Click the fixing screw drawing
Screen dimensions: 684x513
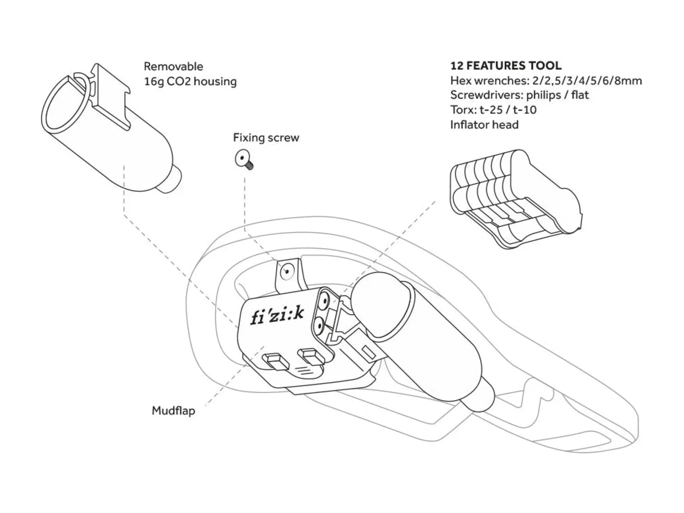click(x=244, y=159)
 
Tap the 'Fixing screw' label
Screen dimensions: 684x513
click(x=266, y=137)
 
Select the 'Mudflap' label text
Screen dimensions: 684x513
click(x=174, y=410)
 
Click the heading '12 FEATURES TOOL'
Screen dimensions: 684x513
click(x=506, y=66)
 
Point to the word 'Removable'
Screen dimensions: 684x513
click(x=174, y=66)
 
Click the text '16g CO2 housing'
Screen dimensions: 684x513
click(x=190, y=82)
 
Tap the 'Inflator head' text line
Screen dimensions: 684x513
click(x=484, y=124)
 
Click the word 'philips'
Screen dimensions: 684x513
click(x=543, y=95)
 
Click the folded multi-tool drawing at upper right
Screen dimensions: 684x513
click(x=516, y=199)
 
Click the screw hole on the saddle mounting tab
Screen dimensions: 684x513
click(x=287, y=272)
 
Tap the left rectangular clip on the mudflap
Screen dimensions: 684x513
click(x=276, y=361)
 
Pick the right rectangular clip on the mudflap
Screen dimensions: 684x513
click(x=311, y=357)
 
